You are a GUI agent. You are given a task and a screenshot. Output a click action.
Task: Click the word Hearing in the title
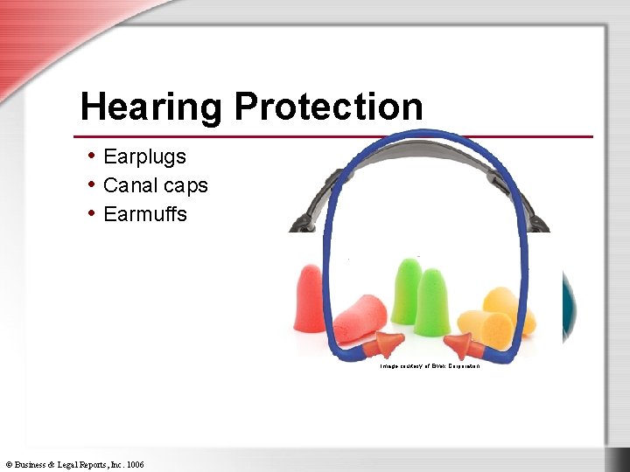coord(151,107)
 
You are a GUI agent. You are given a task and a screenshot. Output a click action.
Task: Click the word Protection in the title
coord(328,107)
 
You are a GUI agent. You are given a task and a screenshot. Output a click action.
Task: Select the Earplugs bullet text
coord(144,156)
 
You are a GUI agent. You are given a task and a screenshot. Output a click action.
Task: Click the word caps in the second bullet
coord(186,185)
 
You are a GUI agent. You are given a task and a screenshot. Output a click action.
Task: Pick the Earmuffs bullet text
coord(145,214)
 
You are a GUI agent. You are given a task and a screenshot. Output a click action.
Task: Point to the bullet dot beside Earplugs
coord(92,156)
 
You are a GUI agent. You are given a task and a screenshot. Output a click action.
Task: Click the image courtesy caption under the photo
coord(430,365)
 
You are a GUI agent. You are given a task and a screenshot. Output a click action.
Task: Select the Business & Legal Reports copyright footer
coord(74,464)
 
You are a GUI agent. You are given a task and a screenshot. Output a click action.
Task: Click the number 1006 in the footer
coord(135,464)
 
